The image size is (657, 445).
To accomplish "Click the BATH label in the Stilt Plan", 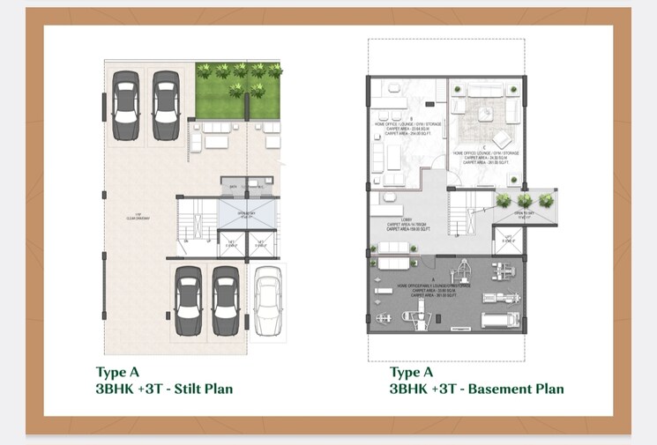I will pyautogui.click(x=233, y=187).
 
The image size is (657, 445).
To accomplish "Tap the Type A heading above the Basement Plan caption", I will pyautogui.click(x=411, y=373).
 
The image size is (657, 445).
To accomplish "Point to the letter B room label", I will pyautogui.click(x=409, y=117).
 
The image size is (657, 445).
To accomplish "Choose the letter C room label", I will pyautogui.click(x=486, y=146).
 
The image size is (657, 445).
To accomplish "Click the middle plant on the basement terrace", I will pyautogui.click(x=527, y=201).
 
